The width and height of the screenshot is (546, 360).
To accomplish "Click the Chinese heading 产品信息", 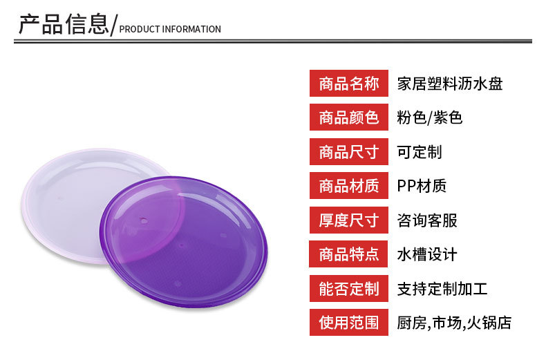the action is (x=64, y=24).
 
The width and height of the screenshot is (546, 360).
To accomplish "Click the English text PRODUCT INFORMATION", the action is (x=170, y=29).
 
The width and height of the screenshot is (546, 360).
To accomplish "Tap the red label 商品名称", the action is (x=349, y=83).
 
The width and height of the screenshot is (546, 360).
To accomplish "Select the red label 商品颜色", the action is (x=349, y=117).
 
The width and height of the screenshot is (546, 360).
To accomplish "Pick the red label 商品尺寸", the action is (x=349, y=151).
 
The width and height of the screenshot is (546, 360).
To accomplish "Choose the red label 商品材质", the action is (x=349, y=186).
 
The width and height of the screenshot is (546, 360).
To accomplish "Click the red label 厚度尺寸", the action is (x=349, y=220).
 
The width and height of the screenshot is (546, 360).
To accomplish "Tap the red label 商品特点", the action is (x=348, y=254).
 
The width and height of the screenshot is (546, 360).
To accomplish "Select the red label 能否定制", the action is (x=349, y=288).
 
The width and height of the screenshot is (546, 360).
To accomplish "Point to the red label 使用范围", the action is (x=349, y=323).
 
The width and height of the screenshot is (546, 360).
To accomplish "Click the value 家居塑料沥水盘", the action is (x=450, y=84).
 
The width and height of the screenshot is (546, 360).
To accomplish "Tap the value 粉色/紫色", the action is (x=430, y=117).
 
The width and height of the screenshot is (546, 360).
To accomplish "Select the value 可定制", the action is (x=420, y=152).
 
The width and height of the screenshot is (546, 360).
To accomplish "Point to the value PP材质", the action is (x=422, y=186).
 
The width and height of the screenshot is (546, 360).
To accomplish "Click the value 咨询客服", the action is (x=427, y=220).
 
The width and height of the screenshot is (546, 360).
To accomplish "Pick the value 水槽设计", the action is (x=427, y=254).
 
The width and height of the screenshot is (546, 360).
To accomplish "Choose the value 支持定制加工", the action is (x=442, y=289).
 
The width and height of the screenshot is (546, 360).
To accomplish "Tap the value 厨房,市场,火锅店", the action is (x=454, y=323).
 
